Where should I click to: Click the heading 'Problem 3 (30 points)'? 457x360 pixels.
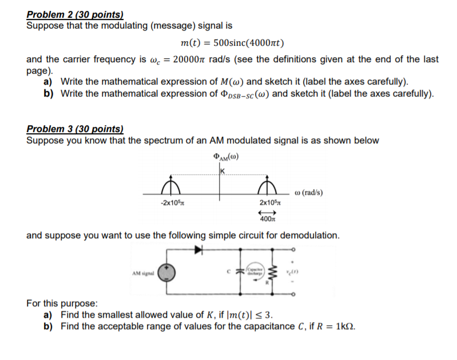click(x=75, y=130)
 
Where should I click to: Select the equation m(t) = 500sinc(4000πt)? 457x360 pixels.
click(x=232, y=43)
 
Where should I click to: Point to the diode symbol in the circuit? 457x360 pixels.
click(x=198, y=250)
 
